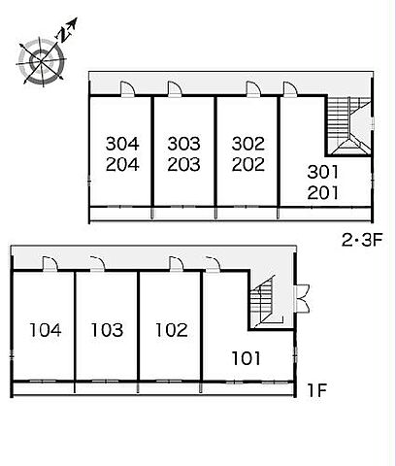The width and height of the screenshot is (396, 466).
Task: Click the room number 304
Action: tap(122, 144)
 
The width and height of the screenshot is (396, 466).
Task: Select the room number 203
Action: tap(183, 164)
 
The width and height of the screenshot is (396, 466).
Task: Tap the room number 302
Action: tap(248, 144)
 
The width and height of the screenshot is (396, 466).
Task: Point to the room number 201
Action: tap(323, 193)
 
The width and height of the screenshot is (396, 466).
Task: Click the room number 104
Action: tap(46, 330)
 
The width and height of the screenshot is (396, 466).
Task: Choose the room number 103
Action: tap(107, 330)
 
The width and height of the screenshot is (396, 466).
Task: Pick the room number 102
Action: tap(172, 330)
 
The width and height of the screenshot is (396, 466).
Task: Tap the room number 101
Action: tap(247, 358)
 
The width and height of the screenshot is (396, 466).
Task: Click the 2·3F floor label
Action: tap(362, 240)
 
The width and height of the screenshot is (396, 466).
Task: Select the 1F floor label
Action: tap(316, 390)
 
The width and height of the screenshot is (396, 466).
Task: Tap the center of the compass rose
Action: tap(41, 60)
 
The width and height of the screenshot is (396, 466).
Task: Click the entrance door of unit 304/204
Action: tap(128, 89)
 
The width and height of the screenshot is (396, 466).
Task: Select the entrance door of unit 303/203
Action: tap(175, 89)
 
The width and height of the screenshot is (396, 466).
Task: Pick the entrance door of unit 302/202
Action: tap(253, 89)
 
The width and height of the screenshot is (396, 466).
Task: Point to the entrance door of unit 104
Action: tap(50, 264)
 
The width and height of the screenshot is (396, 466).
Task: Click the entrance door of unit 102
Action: tap(177, 264)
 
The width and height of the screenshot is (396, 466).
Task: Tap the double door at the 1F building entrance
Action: tap(302, 298)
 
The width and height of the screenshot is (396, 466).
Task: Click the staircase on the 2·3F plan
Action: tap(348, 125)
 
